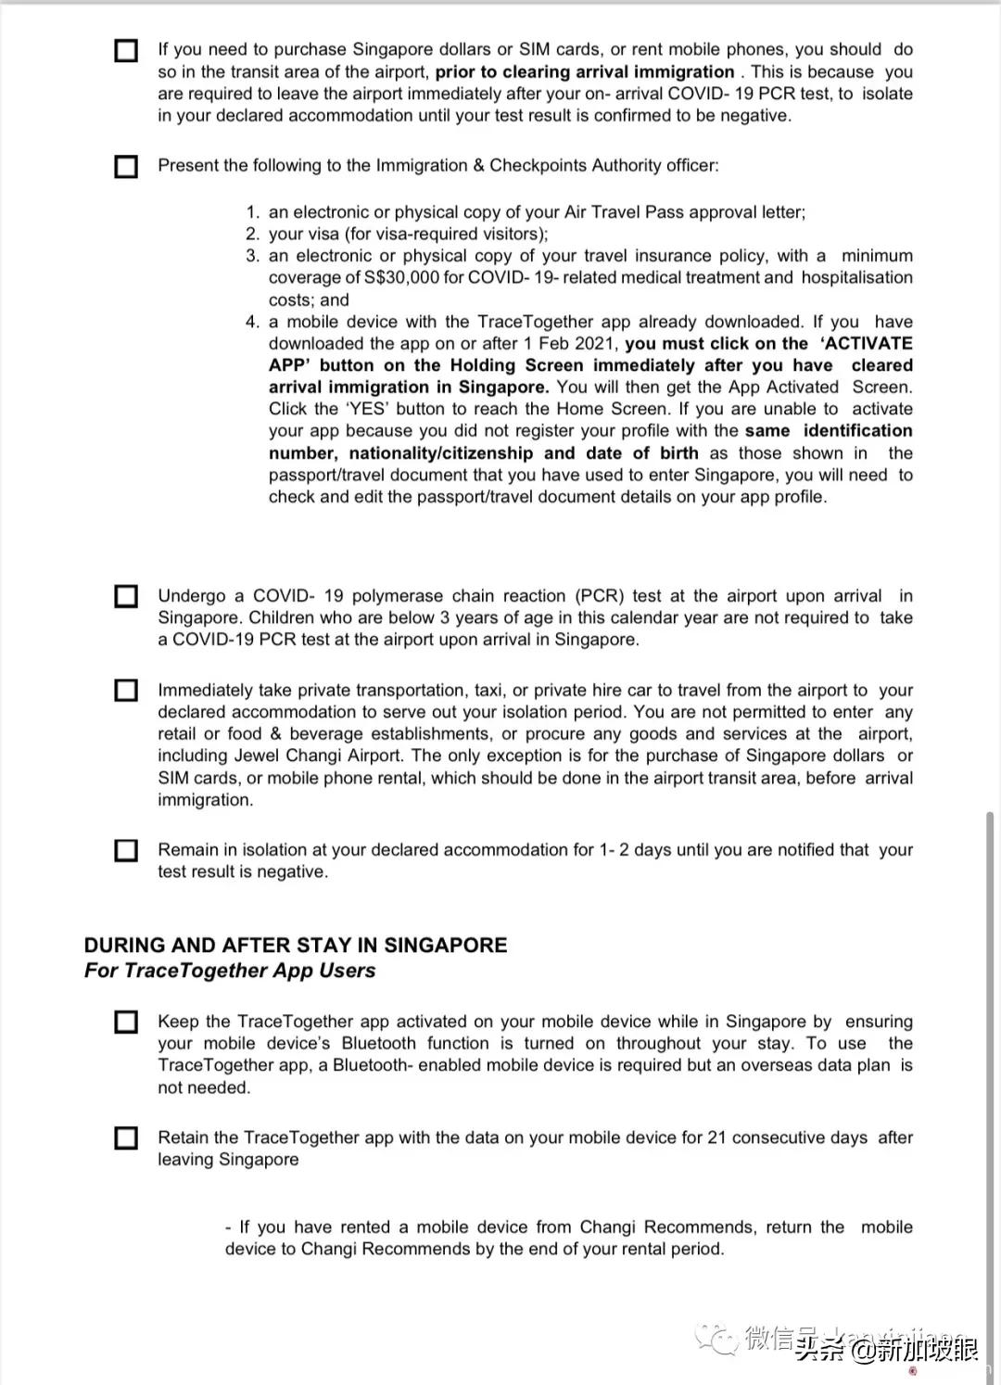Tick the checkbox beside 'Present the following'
click(126, 167)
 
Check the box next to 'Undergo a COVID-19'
click(126, 596)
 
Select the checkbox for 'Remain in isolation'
click(126, 850)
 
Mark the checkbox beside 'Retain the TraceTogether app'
click(126, 1137)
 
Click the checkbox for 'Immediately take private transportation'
click(126, 691)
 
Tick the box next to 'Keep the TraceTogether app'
click(126, 1022)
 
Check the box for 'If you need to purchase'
click(126, 50)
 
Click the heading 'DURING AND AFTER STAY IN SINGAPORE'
click(296, 946)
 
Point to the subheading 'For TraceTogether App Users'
click(230, 971)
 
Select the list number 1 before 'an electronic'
click(252, 212)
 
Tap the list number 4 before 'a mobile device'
click(252, 322)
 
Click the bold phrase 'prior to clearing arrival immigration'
click(585, 71)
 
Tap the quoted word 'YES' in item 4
click(368, 409)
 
